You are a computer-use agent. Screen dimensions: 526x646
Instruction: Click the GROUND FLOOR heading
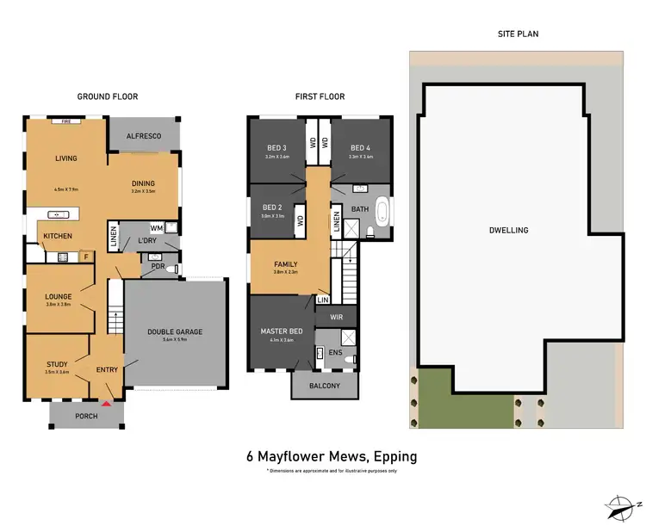[108, 96]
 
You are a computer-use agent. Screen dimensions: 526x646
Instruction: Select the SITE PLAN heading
[518, 34]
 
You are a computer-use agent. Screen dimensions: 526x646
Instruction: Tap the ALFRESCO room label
[144, 135]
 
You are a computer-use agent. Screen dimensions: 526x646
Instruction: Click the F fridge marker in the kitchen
[85, 256]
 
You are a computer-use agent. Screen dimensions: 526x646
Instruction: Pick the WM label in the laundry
[155, 227]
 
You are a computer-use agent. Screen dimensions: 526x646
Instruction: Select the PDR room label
[158, 267]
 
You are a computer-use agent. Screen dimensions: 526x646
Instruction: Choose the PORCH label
[86, 417]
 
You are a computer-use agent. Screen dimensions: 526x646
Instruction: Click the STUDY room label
[57, 364]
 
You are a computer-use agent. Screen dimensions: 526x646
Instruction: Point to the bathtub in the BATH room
[382, 212]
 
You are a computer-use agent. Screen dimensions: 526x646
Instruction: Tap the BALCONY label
[324, 386]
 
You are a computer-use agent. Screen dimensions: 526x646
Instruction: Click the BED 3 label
[276, 148]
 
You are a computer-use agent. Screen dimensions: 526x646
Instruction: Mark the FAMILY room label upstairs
[286, 264]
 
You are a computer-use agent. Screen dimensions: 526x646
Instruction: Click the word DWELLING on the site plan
[507, 230]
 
